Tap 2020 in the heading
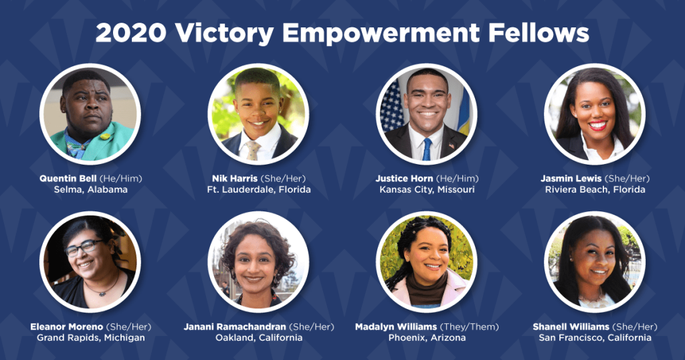point(130,33)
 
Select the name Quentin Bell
point(68,178)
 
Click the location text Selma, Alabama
point(91,189)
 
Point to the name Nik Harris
point(235,178)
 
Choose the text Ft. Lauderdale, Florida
point(259,189)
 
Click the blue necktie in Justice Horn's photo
point(427,149)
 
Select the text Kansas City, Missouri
point(427,189)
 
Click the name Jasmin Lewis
point(571,178)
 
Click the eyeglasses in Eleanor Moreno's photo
point(84,248)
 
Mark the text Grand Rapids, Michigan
point(91,338)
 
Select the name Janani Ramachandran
point(235,327)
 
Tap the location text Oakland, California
point(259,338)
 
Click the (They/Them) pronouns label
point(469,327)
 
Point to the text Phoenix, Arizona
point(427,338)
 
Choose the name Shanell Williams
point(571,327)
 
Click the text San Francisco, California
point(595,338)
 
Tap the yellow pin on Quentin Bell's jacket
point(105,137)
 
